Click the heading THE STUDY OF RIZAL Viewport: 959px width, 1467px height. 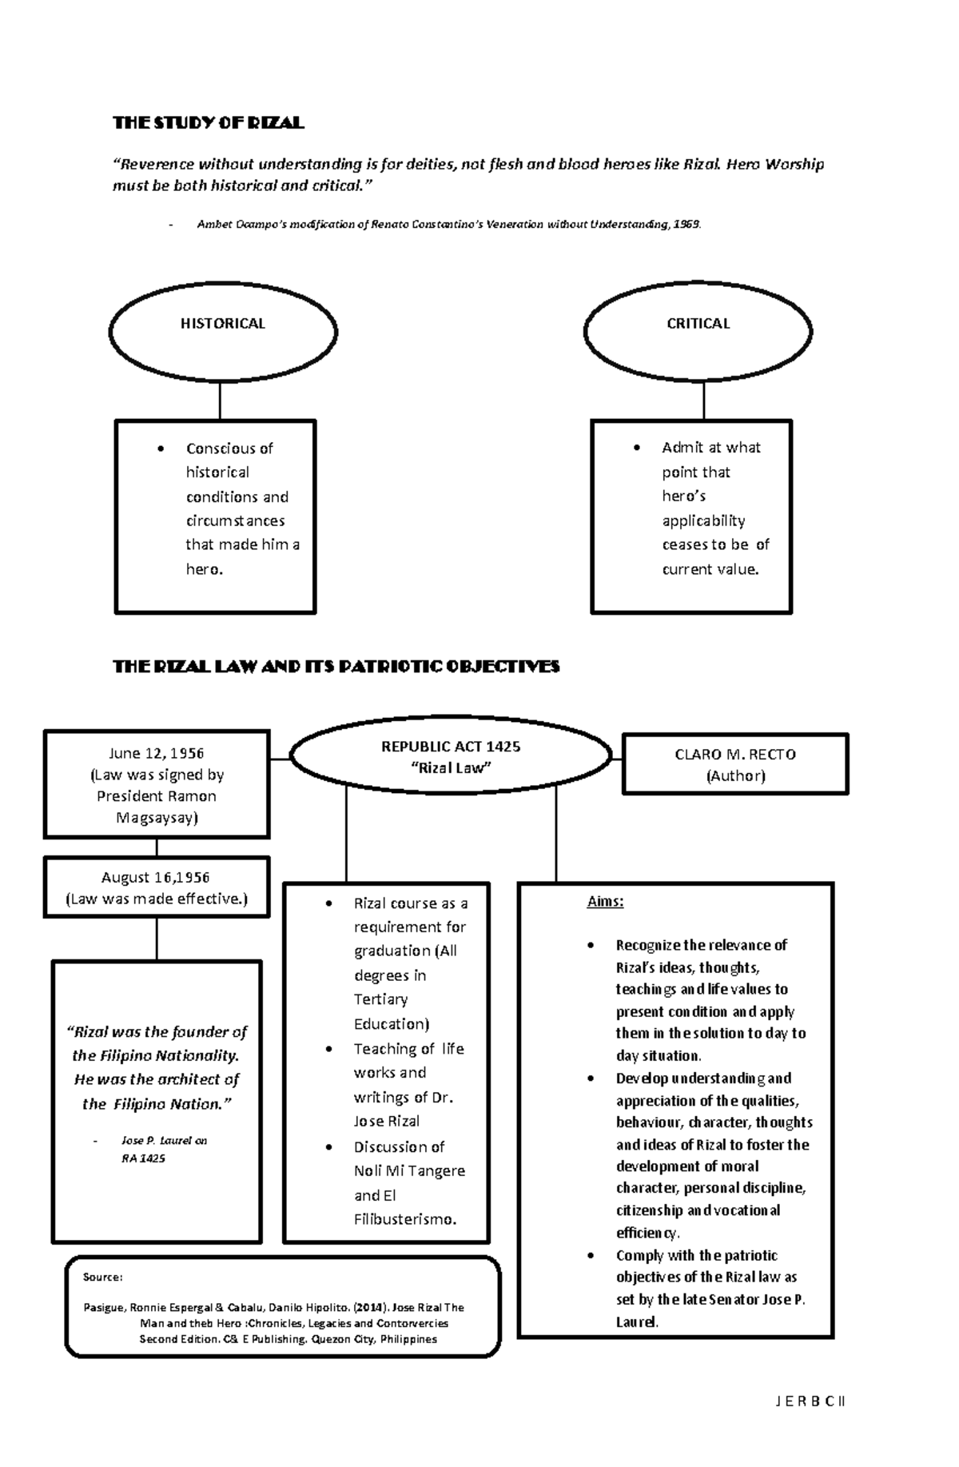tap(208, 122)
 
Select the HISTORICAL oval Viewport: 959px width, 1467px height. tap(222, 330)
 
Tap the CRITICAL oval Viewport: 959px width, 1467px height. tap(698, 330)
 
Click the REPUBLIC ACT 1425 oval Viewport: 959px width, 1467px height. tap(451, 756)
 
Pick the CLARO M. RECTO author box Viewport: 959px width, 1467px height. tap(735, 764)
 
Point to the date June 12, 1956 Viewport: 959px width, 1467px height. tap(157, 753)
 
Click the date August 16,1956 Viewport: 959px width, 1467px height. tap(156, 878)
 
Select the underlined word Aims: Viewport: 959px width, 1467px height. tap(605, 902)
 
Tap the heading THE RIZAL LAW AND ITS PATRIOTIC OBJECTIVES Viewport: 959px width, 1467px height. tap(336, 666)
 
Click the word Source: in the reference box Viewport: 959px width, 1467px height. tap(102, 1277)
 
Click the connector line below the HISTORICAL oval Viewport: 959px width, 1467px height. tap(220, 401)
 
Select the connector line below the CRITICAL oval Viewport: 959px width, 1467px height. tap(703, 401)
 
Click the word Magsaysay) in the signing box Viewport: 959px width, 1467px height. tap(157, 818)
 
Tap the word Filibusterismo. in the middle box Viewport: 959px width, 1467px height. tap(405, 1219)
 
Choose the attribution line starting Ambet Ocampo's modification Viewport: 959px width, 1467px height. tap(448, 225)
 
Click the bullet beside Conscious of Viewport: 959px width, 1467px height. tap(161, 448)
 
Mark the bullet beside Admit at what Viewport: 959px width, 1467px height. tap(637, 448)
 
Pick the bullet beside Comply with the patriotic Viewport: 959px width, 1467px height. tap(591, 1256)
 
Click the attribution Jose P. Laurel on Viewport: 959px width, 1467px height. tap(164, 1141)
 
